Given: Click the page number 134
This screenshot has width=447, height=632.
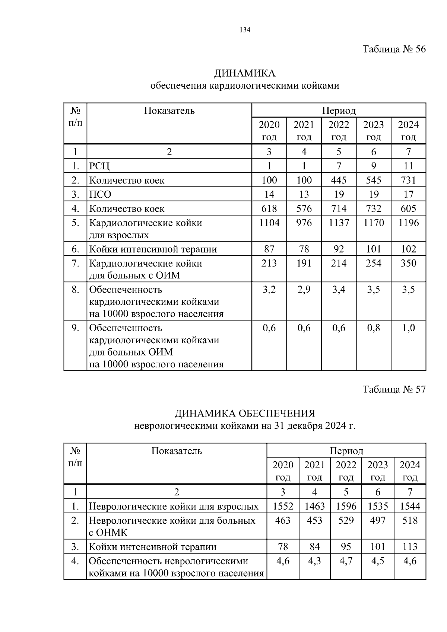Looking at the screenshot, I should pyautogui.click(x=245, y=30).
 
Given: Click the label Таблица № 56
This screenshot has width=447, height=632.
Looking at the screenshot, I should pyautogui.click(x=394, y=49).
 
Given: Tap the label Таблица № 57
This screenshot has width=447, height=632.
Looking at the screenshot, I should pyautogui.click(x=394, y=389).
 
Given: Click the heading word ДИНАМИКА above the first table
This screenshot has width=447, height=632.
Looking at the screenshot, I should pyautogui.click(x=244, y=73).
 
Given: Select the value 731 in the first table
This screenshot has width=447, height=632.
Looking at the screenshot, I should pyautogui.click(x=408, y=180).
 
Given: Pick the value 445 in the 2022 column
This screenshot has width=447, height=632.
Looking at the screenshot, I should pyautogui.click(x=339, y=180).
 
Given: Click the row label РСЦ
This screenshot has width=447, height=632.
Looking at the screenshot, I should pyautogui.click(x=99, y=166).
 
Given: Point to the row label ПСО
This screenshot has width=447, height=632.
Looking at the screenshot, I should pyautogui.click(x=100, y=194).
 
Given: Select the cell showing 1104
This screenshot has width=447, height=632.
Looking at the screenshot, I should pyautogui.click(x=269, y=223).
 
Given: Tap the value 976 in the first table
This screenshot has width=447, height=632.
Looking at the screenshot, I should pyautogui.click(x=304, y=223).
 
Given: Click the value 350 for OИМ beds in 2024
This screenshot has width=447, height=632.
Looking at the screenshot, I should pyautogui.click(x=408, y=263).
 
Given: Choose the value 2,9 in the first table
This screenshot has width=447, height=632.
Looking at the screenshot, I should pyautogui.click(x=304, y=289).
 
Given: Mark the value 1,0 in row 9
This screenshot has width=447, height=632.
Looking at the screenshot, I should pyautogui.click(x=408, y=328).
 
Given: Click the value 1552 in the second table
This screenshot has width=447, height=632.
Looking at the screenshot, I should pyautogui.click(x=283, y=506).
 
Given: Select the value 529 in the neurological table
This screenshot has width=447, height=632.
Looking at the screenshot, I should pyautogui.click(x=346, y=520).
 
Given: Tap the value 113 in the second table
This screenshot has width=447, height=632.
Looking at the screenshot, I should pyautogui.click(x=410, y=547).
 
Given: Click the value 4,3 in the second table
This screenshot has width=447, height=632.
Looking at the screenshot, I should pyautogui.click(x=314, y=561).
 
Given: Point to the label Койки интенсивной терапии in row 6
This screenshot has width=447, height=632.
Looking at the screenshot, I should pyautogui.click(x=153, y=249).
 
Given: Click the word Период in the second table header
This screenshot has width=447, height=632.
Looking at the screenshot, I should pyautogui.click(x=346, y=451).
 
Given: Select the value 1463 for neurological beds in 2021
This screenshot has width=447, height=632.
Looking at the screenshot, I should pyautogui.click(x=314, y=506).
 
